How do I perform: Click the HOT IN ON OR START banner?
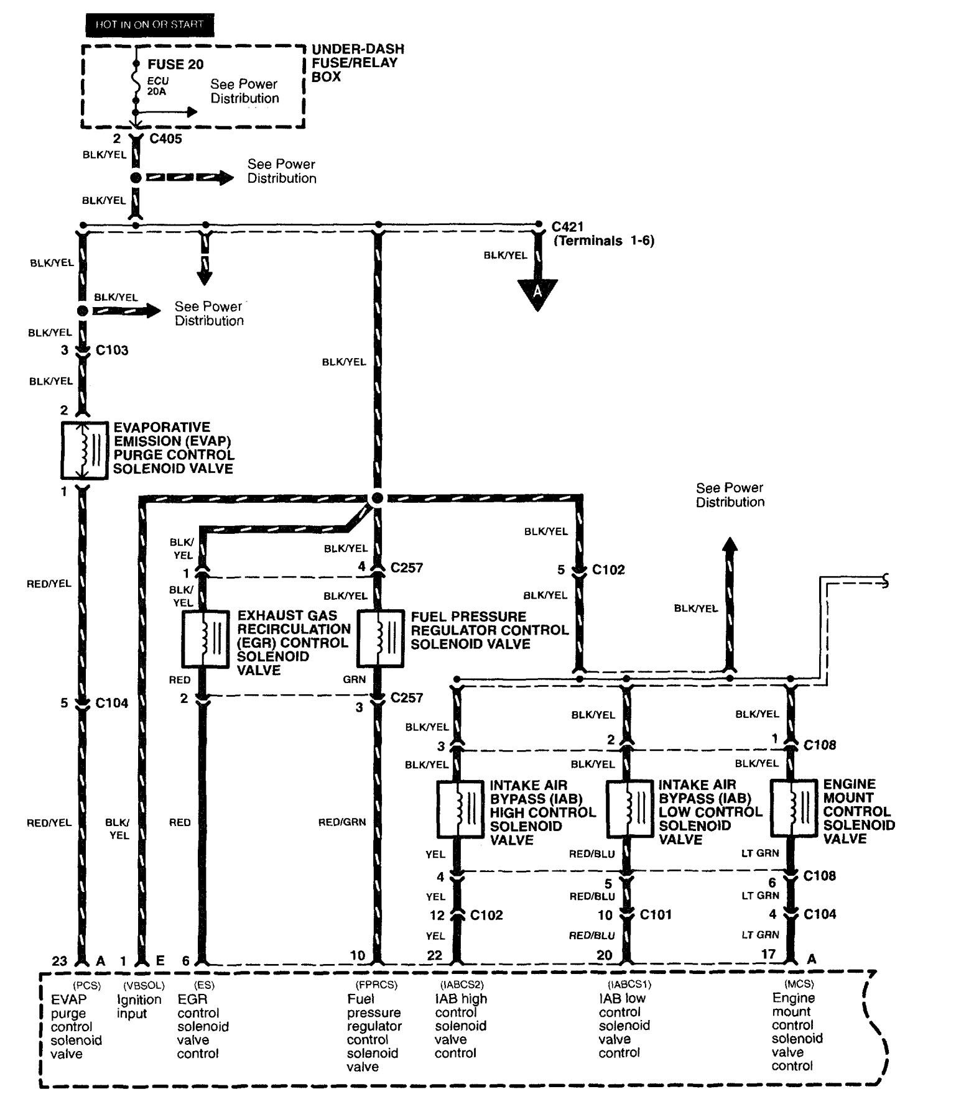pyautogui.click(x=149, y=24)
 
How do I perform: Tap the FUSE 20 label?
pyautogui.click(x=175, y=65)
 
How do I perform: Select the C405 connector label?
pyautogui.click(x=166, y=139)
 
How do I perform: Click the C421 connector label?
pyautogui.click(x=568, y=227)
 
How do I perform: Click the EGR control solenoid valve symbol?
pyautogui.click(x=205, y=640)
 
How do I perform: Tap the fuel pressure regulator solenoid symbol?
pyautogui.click(x=381, y=640)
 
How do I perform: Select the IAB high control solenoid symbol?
pyautogui.click(x=460, y=808)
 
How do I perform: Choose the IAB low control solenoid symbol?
pyautogui.click(x=629, y=808)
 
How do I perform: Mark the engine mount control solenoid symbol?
pyautogui.click(x=793, y=808)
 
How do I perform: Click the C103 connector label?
pyautogui.click(x=112, y=351)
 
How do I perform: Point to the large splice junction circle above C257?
pyautogui.click(x=376, y=499)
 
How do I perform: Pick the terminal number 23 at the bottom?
pyautogui.click(x=60, y=961)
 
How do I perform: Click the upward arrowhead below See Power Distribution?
pyautogui.click(x=730, y=545)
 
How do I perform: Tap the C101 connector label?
pyautogui.click(x=656, y=915)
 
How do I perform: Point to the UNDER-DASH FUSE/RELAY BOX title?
pyautogui.click(x=358, y=63)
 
